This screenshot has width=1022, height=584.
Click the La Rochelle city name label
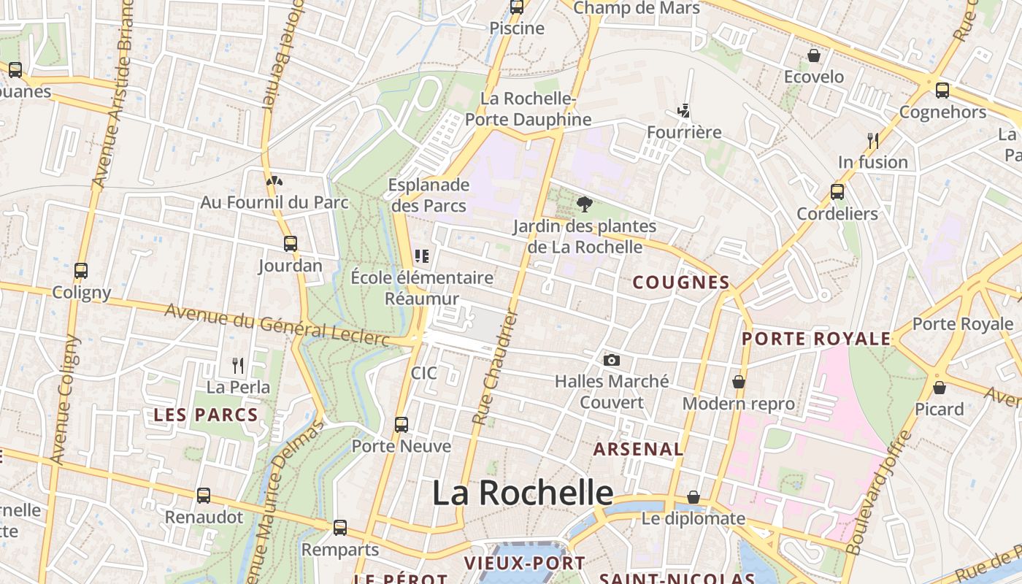pyautogui.click(x=523, y=493)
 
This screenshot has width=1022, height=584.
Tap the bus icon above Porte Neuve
pyautogui.click(x=401, y=424)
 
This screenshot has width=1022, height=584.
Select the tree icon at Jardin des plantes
pyautogui.click(x=584, y=204)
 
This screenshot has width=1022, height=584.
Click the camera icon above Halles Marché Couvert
pyautogui.click(x=612, y=360)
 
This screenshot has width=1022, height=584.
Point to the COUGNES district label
pyautogui.click(x=680, y=283)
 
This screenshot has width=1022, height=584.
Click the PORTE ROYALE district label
pyautogui.click(x=816, y=339)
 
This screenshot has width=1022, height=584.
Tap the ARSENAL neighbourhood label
pyautogui.click(x=638, y=449)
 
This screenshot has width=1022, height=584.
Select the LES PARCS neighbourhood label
pyautogui.click(x=206, y=415)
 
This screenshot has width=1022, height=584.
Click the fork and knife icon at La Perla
pyautogui.click(x=238, y=365)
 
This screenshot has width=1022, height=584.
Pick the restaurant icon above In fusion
pyautogui.click(x=872, y=139)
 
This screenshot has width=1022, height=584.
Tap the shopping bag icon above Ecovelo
pyautogui.click(x=813, y=55)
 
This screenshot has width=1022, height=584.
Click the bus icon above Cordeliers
pyautogui.click(x=837, y=192)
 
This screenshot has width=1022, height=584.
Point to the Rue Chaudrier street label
pyautogui.click(x=496, y=368)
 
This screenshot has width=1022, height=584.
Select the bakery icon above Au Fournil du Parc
pyautogui.click(x=274, y=180)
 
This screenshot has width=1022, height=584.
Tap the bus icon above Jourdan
pyautogui.click(x=291, y=244)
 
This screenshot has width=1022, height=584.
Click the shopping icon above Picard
pyautogui.click(x=940, y=387)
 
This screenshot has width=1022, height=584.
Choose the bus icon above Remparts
pyautogui.click(x=340, y=528)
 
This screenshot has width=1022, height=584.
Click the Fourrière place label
pyautogui.click(x=684, y=132)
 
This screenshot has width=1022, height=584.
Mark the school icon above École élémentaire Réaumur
pyautogui.click(x=422, y=256)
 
